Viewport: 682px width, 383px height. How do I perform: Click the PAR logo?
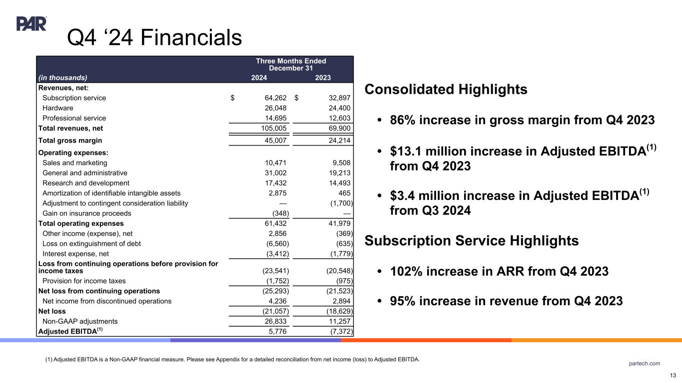coord(31,23)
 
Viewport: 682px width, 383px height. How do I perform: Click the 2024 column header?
coord(259,77)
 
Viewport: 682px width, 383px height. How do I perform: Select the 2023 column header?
coord(323,77)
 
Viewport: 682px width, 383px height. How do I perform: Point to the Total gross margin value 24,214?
coord(338,141)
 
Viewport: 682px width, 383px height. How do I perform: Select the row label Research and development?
coord(86,183)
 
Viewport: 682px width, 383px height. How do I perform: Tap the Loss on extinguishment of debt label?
coord(91,244)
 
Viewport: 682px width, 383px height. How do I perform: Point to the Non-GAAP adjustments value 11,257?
coord(338,321)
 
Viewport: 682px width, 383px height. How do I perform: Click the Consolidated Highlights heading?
coord(446,90)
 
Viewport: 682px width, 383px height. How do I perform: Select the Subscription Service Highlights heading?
coord(472,241)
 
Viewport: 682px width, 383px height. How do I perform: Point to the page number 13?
coord(673,376)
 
